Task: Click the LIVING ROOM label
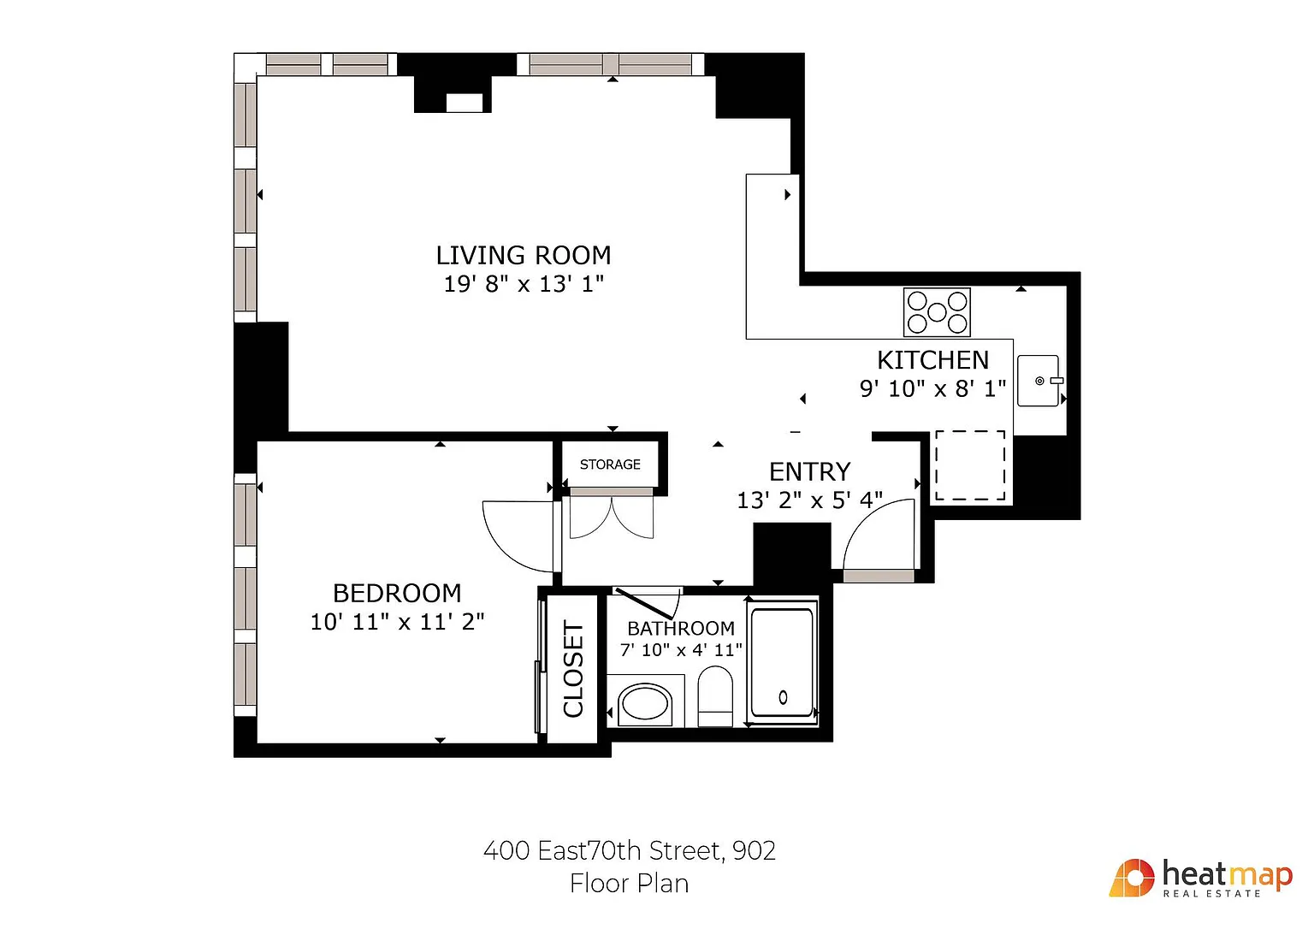[524, 256]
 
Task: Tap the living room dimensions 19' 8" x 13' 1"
[524, 284]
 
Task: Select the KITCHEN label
[932, 360]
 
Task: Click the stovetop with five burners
[937, 312]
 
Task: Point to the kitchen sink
[1039, 381]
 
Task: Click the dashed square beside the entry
[970, 465]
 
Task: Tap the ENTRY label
[809, 471]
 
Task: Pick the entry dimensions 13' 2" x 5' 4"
[809, 500]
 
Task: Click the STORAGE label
[610, 464]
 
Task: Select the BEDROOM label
[397, 593]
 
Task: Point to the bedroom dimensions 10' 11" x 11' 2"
[397, 622]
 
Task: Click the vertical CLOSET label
[573, 669]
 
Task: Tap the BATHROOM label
[680, 629]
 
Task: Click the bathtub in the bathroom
[783, 662]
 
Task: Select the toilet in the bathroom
[715, 696]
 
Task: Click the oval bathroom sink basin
[645, 703]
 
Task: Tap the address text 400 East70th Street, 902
[630, 850]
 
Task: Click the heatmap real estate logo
[1200, 878]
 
